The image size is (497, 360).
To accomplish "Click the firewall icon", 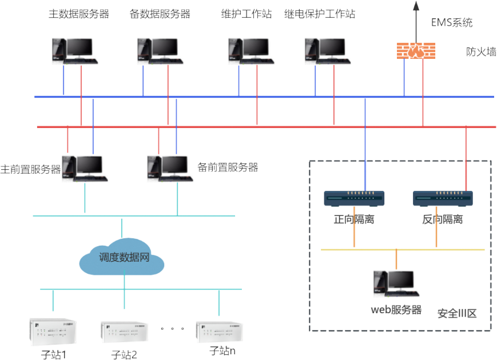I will [x=416, y=50].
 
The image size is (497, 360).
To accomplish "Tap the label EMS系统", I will [x=452, y=23].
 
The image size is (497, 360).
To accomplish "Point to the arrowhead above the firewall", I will [x=416, y=6].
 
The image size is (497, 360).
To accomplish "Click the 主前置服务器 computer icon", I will [x=84, y=169].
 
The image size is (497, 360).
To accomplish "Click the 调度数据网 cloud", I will [x=122, y=258].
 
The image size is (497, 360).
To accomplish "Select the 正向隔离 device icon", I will [x=354, y=198].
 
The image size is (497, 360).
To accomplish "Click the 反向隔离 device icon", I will [x=443, y=198].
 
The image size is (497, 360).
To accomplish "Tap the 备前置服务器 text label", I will [x=228, y=168].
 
